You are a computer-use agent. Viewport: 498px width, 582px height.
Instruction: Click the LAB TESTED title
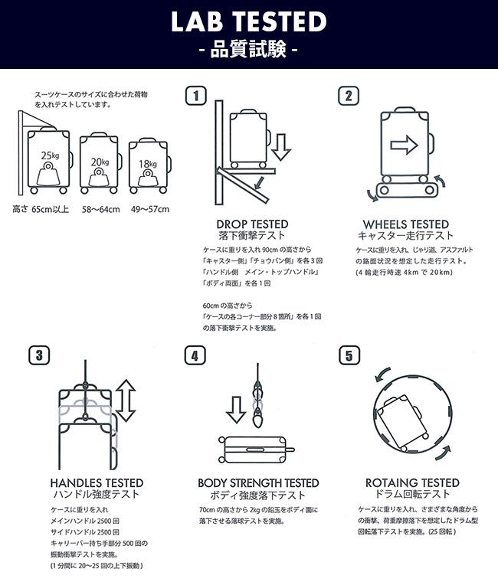point(249,21)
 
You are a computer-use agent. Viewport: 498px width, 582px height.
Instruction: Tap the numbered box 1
point(195,96)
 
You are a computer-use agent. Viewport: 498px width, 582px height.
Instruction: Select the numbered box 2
point(349,96)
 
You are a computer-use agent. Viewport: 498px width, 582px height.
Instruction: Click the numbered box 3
point(39,355)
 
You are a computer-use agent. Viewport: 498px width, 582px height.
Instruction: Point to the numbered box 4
point(195,355)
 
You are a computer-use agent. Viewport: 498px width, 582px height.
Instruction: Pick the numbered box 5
point(349,355)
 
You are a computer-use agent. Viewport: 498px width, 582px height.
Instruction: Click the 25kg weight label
point(50,155)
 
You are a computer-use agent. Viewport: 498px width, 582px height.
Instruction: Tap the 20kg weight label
point(100,162)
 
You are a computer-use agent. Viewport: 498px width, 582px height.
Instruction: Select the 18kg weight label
point(148,164)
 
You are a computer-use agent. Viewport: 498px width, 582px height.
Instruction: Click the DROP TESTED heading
point(252,224)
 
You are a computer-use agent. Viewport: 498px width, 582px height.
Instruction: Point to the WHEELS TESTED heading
point(406,224)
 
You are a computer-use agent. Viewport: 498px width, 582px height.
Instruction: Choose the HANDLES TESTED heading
point(97,483)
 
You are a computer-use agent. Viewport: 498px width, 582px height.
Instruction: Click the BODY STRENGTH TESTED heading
point(258,483)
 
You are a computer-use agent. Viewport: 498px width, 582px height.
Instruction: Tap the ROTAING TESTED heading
point(412,483)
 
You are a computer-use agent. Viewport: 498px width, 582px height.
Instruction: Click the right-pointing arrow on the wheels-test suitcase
point(404,145)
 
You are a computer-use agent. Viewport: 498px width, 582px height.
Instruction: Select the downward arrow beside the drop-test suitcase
point(280,147)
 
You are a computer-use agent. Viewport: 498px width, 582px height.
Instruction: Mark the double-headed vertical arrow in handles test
point(126,401)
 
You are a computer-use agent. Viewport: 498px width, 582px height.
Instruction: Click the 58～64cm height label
point(100,209)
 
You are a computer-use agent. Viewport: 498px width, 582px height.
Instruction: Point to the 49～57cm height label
point(149,209)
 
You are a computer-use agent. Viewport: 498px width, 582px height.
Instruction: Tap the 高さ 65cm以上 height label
point(41,209)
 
